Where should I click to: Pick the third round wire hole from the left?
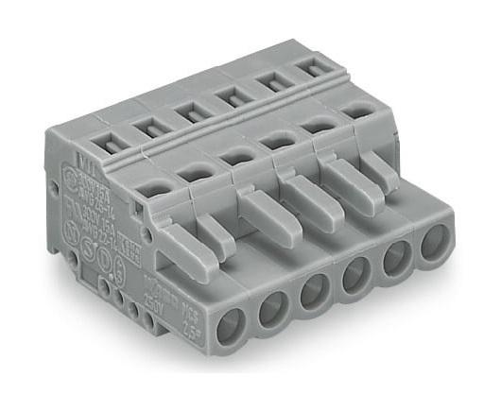[315, 291]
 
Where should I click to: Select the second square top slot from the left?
[146, 125]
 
